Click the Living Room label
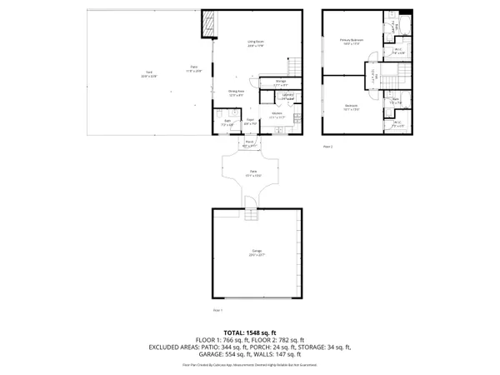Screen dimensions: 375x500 point(255,42)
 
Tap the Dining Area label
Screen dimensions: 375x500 point(236,92)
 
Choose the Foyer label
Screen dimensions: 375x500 point(249,122)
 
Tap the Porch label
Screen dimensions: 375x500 point(249,143)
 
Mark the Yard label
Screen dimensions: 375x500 point(149,73)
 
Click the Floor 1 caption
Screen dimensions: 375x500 point(218,310)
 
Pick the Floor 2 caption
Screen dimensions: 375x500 point(327,147)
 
